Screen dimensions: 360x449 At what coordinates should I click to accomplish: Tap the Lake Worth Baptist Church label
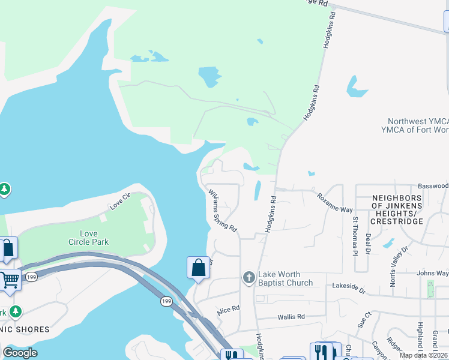coord(285,279)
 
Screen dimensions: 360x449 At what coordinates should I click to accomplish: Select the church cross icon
coord(249,278)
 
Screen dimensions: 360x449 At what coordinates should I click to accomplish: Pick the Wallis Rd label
coord(291,316)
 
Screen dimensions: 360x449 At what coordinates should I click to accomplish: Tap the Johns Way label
coord(433,274)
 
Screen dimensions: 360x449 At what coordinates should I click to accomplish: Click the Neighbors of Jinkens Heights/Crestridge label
coord(397,209)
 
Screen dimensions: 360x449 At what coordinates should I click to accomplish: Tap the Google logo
coord(20,353)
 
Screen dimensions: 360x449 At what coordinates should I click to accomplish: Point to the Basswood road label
coord(433,186)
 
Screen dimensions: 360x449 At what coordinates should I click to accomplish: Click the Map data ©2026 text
coord(423,355)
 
